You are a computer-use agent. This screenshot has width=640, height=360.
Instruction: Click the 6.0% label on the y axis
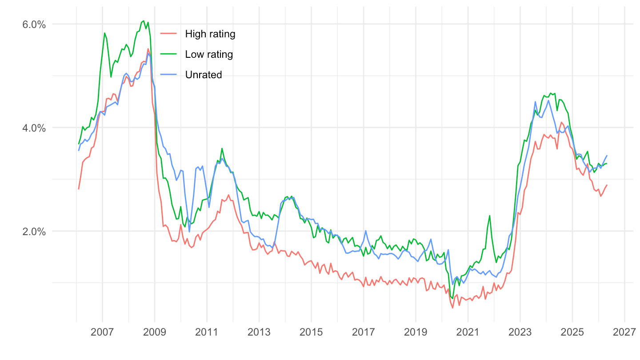click(34, 24)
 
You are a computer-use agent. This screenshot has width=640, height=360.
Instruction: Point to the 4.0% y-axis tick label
click(34, 128)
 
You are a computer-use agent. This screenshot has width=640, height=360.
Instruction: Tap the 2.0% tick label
click(34, 232)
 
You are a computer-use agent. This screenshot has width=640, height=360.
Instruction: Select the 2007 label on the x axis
click(102, 332)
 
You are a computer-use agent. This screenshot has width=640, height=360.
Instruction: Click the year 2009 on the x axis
click(155, 332)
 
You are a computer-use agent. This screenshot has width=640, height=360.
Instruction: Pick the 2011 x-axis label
click(207, 332)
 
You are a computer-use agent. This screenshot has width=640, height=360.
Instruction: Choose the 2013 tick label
click(259, 332)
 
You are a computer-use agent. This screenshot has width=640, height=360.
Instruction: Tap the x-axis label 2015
click(311, 332)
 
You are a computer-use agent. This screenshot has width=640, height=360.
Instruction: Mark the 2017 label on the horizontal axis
click(364, 332)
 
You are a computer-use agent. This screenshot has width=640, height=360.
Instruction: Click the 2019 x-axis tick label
click(416, 332)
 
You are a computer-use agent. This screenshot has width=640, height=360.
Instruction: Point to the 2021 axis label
click(468, 332)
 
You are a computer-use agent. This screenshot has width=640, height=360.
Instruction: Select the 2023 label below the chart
click(520, 332)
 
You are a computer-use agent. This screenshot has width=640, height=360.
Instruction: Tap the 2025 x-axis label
click(572, 332)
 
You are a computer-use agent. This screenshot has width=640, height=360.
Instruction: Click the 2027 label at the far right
click(624, 332)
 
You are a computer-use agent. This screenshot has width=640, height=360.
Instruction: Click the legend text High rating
click(210, 34)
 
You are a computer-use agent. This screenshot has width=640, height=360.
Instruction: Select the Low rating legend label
click(209, 54)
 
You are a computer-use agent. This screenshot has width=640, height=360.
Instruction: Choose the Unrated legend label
click(204, 75)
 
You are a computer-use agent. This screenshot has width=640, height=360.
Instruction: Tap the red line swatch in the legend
click(168, 34)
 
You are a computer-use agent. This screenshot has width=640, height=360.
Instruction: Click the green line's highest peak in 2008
click(144, 21)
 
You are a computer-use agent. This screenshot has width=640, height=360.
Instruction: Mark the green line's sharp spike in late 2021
click(490, 216)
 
